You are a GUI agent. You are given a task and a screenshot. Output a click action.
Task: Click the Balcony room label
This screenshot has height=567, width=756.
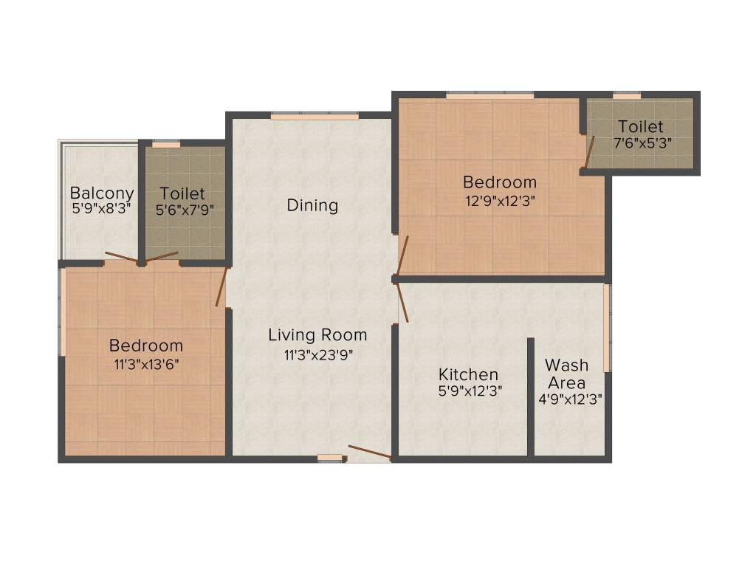tap(102, 193)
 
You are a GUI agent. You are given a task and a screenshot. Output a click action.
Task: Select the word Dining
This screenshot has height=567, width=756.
tap(312, 205)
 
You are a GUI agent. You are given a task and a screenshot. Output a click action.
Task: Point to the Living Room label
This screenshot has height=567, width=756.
tap(317, 335)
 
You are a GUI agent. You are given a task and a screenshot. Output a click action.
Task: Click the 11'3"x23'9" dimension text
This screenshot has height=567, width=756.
tap(319, 354)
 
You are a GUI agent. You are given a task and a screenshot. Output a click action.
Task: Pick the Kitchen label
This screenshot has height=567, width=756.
tap(468, 374)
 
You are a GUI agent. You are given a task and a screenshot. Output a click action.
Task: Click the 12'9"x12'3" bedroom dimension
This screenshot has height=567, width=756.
tap(499, 199)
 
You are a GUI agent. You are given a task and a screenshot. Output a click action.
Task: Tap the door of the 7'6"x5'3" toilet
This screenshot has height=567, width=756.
tap(589, 152)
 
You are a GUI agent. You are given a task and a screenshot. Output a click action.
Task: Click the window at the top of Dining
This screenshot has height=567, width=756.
tap(314, 116)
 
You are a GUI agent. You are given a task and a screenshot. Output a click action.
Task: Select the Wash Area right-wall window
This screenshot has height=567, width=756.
tap(606, 328)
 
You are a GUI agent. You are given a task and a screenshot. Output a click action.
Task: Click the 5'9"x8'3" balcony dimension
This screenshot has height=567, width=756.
tap(101, 209)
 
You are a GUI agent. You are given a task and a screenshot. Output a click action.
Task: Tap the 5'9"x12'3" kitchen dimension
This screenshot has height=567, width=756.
tap(470, 391)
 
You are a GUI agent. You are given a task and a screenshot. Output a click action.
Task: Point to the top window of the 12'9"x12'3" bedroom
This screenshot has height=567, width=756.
tap(489, 95)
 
